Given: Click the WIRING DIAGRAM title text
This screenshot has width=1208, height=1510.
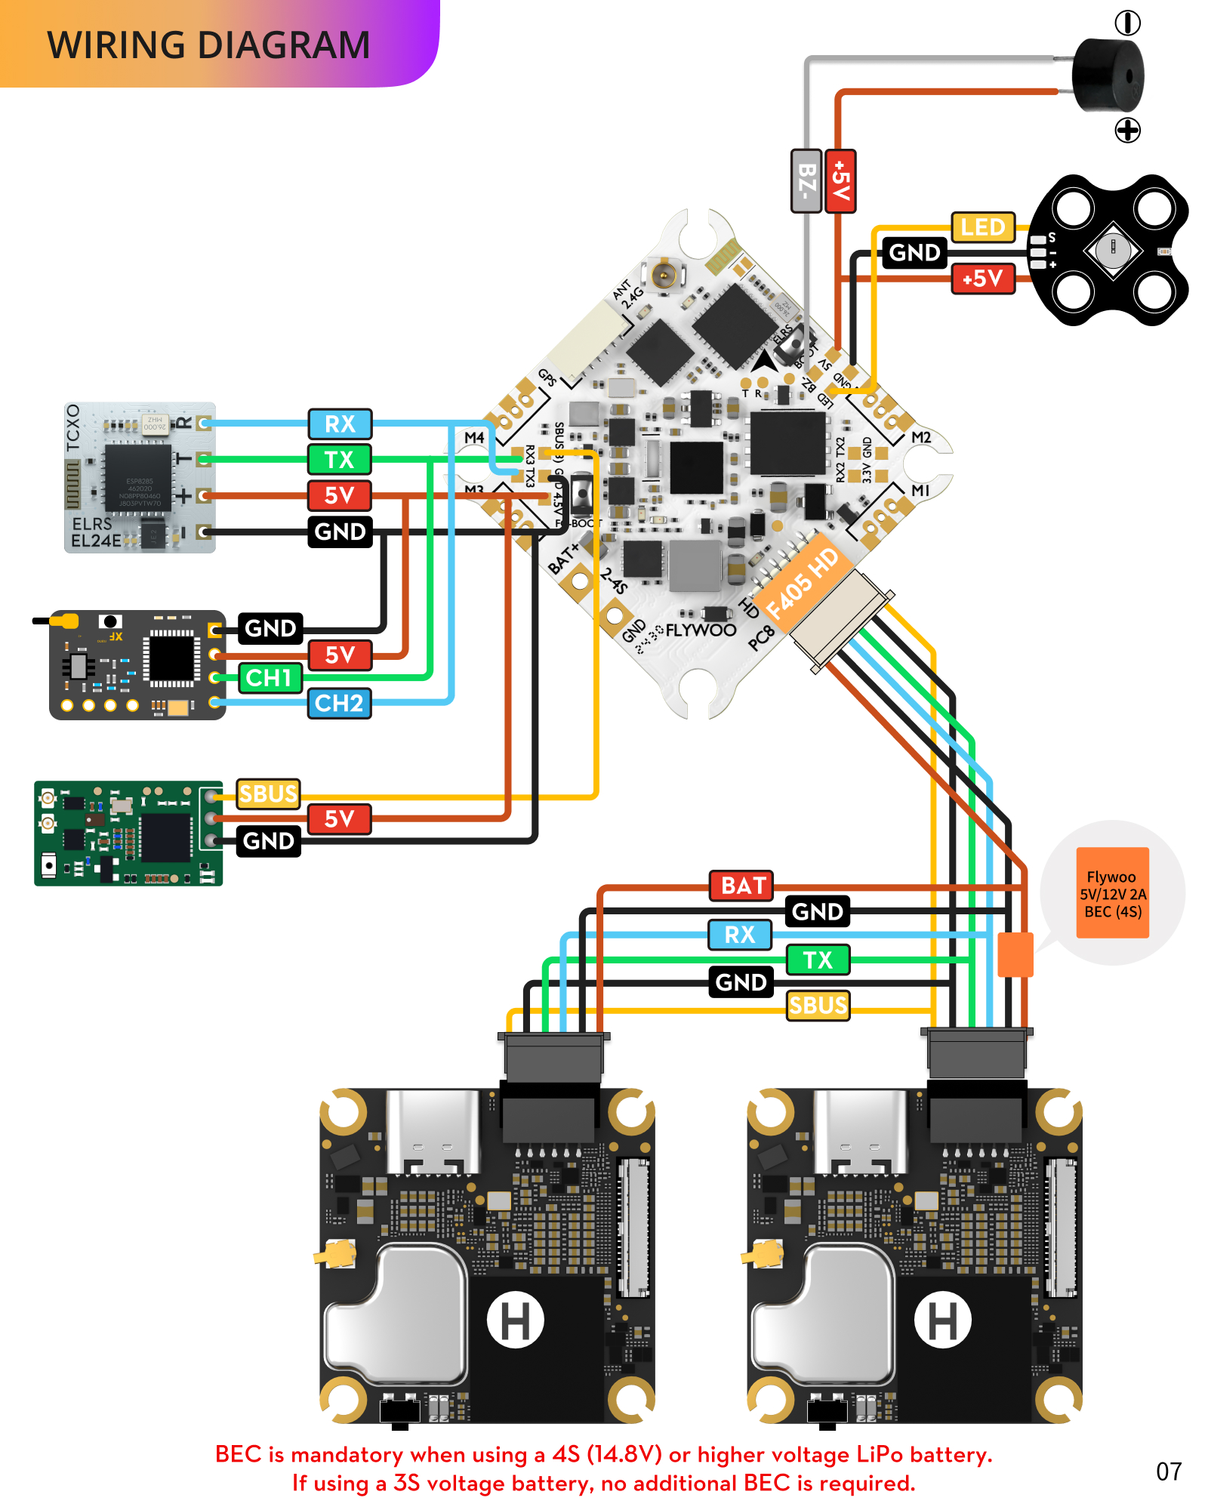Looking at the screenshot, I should pyautogui.click(x=208, y=45).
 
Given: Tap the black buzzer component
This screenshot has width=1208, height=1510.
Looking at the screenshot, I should pyautogui.click(x=1108, y=75).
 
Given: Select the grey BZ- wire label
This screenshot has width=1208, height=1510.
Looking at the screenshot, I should pyautogui.click(x=806, y=181).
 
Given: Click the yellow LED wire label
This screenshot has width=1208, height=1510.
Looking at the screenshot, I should pyautogui.click(x=982, y=226).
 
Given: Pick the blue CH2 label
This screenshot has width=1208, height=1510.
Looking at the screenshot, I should pyautogui.click(x=339, y=703).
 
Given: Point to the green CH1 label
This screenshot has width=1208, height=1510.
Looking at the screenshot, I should pyautogui.click(x=270, y=677).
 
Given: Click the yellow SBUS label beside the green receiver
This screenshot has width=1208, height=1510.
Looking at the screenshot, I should pyautogui.click(x=268, y=794).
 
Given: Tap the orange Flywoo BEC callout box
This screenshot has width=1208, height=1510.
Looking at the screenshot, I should pyautogui.click(x=1112, y=893).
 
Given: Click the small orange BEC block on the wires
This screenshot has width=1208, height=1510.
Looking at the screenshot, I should pyautogui.click(x=1015, y=954).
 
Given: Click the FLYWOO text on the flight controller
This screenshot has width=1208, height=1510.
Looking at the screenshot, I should pyautogui.click(x=701, y=630).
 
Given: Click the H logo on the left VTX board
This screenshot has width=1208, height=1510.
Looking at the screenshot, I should pyautogui.click(x=515, y=1320).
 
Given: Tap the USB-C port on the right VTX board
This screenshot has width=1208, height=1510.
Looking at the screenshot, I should pyautogui.click(x=859, y=1132).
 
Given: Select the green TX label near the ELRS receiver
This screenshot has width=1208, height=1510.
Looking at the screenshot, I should pyautogui.click(x=339, y=459).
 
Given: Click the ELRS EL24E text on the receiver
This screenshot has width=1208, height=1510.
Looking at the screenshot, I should pyautogui.click(x=95, y=532).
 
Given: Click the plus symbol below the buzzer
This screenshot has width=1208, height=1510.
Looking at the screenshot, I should pyautogui.click(x=1127, y=130).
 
